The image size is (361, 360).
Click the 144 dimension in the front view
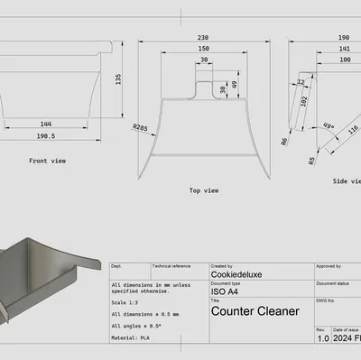click(45, 124)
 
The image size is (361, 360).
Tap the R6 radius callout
click(284, 142)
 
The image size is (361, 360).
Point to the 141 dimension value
click(344, 49)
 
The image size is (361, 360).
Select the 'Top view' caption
click(204, 190)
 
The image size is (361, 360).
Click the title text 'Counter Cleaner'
click(255, 311)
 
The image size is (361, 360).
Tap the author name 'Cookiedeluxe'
click(238, 275)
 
